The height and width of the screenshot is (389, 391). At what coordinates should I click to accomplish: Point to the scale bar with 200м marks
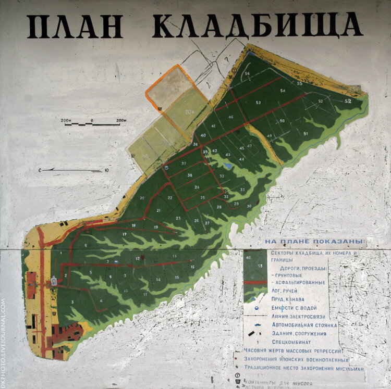[x=93, y=124]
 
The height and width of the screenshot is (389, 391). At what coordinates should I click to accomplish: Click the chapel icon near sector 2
[x=55, y=281]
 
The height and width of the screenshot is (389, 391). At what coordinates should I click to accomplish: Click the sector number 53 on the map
[x=258, y=103]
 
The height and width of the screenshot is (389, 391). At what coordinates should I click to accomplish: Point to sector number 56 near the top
[x=248, y=73]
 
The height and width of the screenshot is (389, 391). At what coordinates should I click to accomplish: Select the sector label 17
[x=125, y=234]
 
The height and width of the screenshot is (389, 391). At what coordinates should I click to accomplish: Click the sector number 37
[x=184, y=164]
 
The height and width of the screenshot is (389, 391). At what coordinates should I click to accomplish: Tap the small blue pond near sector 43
[x=228, y=165]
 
